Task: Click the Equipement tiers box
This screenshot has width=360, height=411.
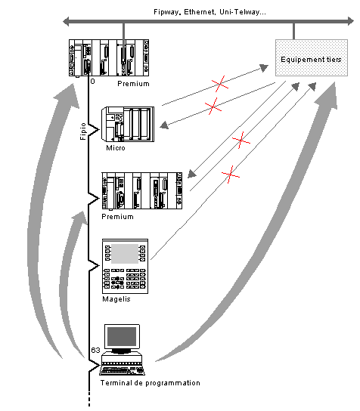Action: click(x=312, y=57)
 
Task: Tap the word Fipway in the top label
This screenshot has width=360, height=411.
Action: click(x=166, y=12)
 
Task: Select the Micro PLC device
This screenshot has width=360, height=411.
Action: click(x=128, y=124)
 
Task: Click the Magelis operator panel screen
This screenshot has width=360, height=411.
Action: click(x=125, y=253)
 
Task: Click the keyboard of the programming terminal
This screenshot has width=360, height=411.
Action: click(x=122, y=371)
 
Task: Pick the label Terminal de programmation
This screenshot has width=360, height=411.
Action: click(x=151, y=383)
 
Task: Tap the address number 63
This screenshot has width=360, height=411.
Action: click(x=95, y=350)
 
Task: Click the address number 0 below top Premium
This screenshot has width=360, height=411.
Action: click(x=92, y=82)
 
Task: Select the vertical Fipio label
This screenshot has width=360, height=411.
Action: click(x=83, y=131)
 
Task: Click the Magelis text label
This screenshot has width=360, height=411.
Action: click(x=116, y=299)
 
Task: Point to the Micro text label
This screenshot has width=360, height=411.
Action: click(x=116, y=148)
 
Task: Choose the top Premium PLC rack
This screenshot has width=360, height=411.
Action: click(x=109, y=58)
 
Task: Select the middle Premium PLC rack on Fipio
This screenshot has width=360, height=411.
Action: click(x=142, y=191)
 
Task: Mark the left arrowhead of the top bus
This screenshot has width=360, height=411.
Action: click(x=66, y=21)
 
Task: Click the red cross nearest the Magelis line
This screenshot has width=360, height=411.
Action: click(x=231, y=175)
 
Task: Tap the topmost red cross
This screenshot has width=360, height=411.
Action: click(x=220, y=84)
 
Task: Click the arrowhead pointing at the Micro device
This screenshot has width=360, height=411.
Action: click(x=164, y=125)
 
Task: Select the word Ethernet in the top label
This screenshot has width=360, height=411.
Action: click(x=200, y=12)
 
